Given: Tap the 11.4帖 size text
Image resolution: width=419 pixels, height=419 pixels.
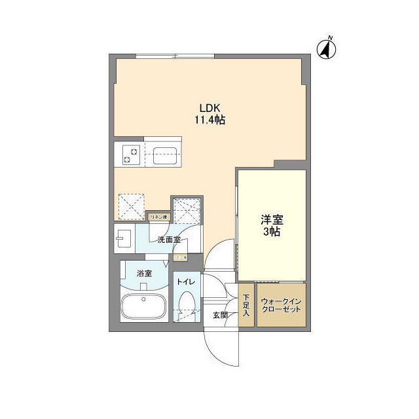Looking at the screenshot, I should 209,120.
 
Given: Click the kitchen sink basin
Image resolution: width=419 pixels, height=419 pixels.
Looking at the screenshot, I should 162,156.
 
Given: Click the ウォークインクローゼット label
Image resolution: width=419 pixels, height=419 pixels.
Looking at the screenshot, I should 280,305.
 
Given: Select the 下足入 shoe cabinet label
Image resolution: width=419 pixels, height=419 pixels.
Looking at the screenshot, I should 246,305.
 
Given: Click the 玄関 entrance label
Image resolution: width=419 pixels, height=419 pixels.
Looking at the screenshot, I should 219,315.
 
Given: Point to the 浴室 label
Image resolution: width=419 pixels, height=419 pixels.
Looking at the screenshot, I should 144,274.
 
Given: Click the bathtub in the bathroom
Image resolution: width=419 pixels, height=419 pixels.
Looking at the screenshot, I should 144,307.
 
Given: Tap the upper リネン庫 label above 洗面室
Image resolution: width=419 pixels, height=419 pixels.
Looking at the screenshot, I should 159,217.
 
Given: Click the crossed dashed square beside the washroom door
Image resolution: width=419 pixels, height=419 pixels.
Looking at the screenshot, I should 187,210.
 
